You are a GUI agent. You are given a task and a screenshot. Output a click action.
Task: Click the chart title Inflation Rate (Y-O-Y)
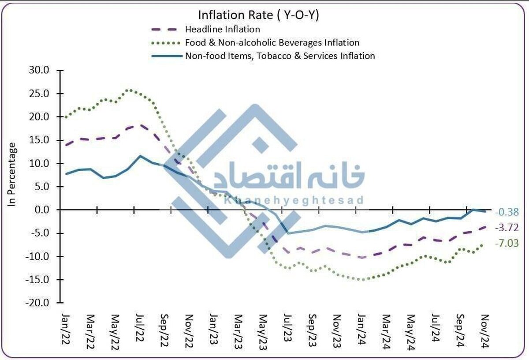point(258,15)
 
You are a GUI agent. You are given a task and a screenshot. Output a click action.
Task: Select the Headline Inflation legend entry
point(223,30)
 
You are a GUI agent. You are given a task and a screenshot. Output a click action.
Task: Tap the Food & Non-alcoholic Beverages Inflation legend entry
point(272,43)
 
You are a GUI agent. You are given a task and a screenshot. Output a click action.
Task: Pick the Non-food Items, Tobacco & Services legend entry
point(280,56)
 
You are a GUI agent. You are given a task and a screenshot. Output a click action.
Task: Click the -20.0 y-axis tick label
point(40,303)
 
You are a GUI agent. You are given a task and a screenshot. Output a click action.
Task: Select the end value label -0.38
point(507,212)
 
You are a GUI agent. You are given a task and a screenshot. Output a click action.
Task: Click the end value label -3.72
point(507,228)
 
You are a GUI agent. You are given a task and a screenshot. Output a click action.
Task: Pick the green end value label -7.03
point(507,243)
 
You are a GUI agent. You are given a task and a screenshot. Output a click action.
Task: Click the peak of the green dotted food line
point(128,90)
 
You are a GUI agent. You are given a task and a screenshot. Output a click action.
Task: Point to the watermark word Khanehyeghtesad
point(294,201)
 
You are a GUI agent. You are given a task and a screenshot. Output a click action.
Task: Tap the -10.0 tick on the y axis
point(40,256)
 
